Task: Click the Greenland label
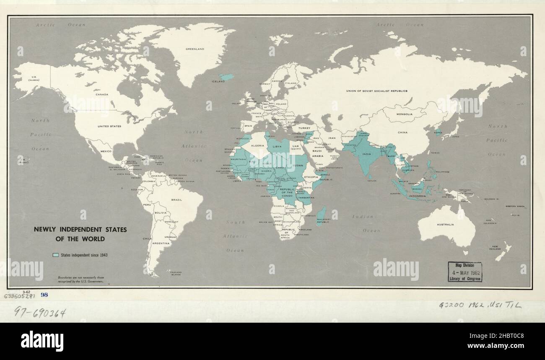[x=195, y=49]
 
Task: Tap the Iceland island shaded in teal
[x=227, y=77]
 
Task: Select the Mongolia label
[x=405, y=114]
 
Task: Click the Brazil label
[x=176, y=200]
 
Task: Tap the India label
[x=366, y=154]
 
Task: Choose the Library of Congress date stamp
[x=465, y=272]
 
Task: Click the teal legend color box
[x=55, y=255]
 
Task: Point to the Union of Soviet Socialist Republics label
[x=376, y=91]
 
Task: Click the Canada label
[x=102, y=94]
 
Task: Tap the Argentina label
[x=161, y=243]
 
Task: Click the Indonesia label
[x=417, y=196]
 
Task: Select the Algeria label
[x=257, y=145]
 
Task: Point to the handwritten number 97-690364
[x=40, y=312]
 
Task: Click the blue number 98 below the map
[x=44, y=295]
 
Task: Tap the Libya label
[x=277, y=147]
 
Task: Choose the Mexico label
[x=106, y=151]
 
